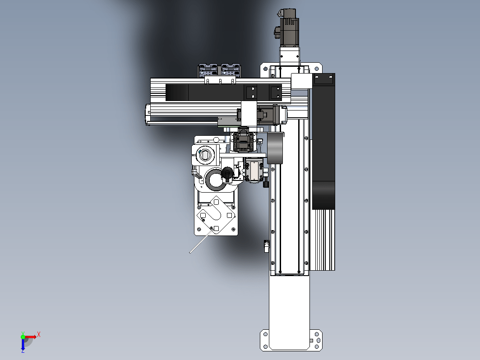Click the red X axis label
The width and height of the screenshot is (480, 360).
[x=39, y=334]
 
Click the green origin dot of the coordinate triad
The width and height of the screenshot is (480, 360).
[x=23, y=337]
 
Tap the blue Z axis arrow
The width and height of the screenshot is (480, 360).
[x=23, y=345]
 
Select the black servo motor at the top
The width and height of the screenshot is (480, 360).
[x=288, y=28]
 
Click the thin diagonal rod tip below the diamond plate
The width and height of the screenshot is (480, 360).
[x=190, y=253]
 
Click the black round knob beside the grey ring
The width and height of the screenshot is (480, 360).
[x=227, y=173]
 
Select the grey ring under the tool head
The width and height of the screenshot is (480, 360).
[x=215, y=180]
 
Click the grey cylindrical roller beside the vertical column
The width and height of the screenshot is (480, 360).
[x=275, y=148]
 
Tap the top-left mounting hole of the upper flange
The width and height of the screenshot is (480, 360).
[x=265, y=69]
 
